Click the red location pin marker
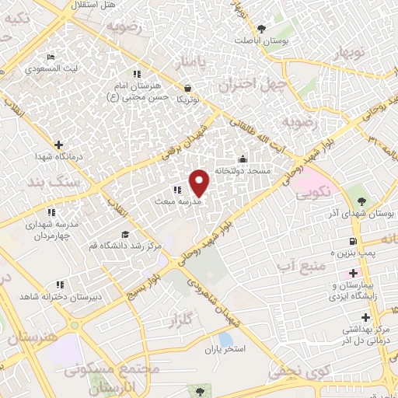pyautogui.click(x=200, y=182)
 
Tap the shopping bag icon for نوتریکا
pyautogui.click(x=187, y=88)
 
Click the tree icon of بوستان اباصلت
pyautogui.click(x=260, y=29)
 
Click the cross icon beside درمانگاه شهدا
pyautogui.click(x=59, y=144)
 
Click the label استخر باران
pyautogui.click(x=224, y=349)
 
